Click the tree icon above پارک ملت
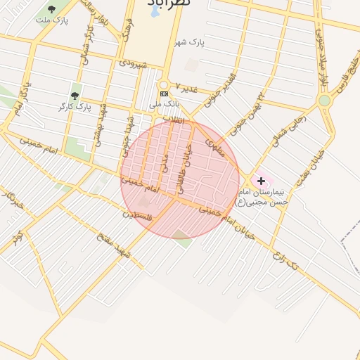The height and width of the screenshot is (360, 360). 52,8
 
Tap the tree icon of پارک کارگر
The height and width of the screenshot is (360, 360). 75,96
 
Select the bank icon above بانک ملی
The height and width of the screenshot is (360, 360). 164,94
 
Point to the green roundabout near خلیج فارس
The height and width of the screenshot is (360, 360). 324,101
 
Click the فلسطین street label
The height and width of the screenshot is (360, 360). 139,216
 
